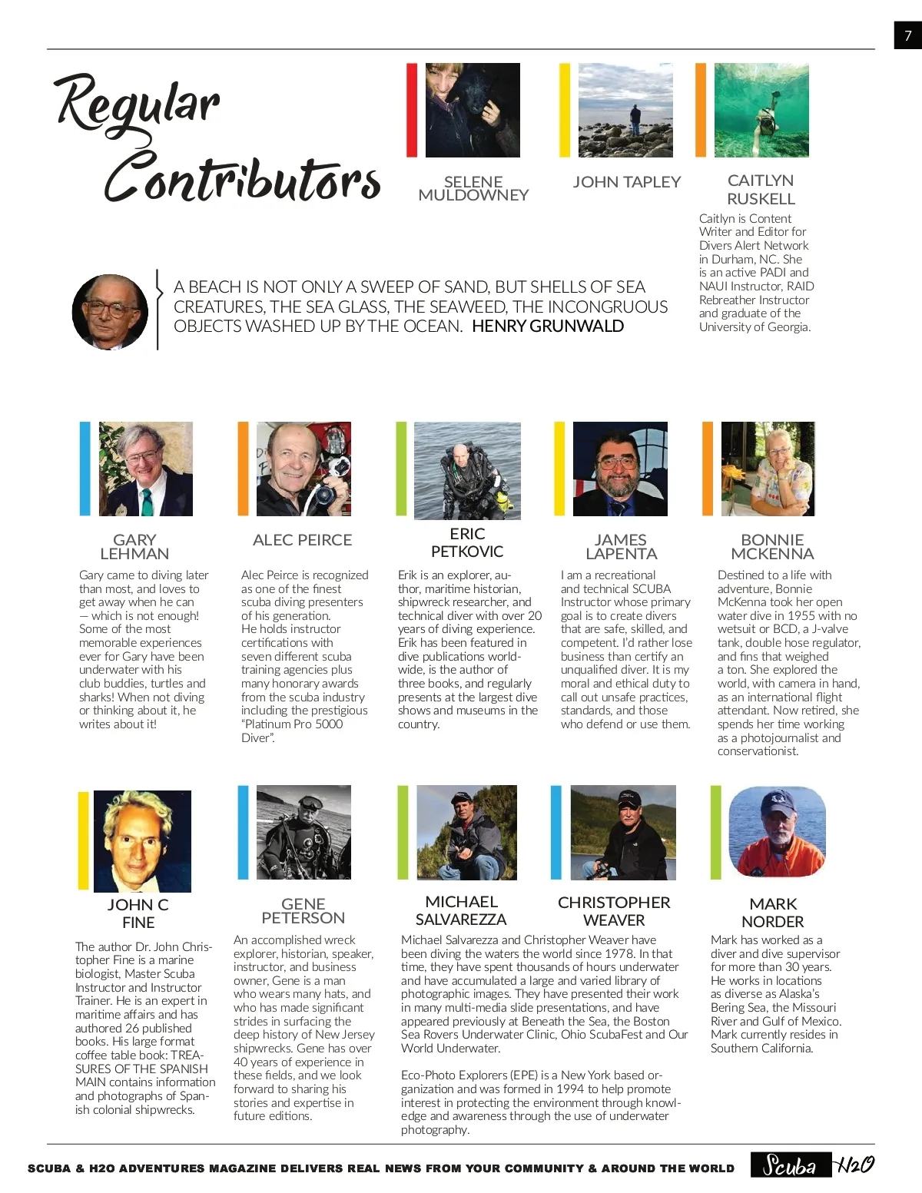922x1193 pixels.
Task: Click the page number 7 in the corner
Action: [907, 35]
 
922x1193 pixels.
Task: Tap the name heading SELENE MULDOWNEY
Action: [473, 188]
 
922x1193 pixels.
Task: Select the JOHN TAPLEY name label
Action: [626, 182]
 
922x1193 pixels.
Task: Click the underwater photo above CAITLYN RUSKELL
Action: [761, 110]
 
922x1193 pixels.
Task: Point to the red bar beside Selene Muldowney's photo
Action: [411, 110]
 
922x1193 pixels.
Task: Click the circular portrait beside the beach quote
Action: [110, 312]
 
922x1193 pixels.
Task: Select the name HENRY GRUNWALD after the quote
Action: [548, 326]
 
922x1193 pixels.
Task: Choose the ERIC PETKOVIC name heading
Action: [467, 542]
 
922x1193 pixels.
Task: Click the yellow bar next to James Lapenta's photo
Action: [559, 469]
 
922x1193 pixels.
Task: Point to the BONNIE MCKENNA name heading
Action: [772, 546]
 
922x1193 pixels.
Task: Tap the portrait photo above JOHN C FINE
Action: [142, 841]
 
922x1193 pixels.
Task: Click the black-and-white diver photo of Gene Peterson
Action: [303, 832]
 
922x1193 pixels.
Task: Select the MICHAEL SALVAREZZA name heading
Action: [461, 910]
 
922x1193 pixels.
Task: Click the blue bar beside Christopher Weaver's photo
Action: [556, 832]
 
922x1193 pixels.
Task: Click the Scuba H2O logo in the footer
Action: [813, 1166]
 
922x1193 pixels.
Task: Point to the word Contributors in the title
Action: [242, 178]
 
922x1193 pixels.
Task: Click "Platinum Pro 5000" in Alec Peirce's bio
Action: [293, 724]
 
